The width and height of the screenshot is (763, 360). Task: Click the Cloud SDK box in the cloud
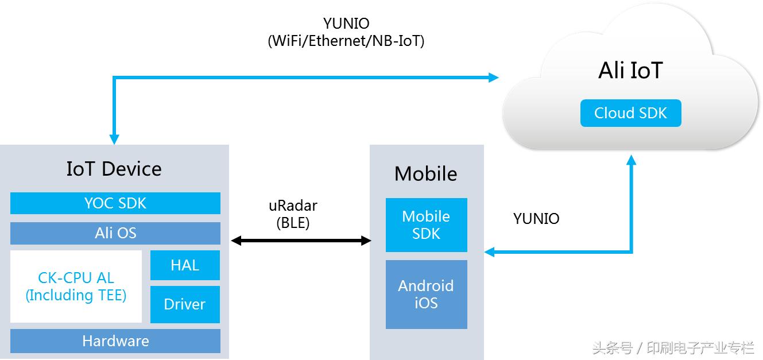[630, 113]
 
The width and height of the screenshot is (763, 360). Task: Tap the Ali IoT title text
[630, 71]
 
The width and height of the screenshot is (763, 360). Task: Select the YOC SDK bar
[115, 203]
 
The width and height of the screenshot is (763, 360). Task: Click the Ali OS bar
[115, 233]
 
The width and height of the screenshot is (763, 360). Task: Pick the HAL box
[185, 265]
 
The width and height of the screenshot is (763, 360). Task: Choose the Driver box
[185, 304]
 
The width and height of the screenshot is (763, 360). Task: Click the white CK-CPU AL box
[76, 287]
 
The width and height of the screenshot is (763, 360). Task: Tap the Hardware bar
[115, 341]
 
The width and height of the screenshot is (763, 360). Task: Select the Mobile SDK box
[426, 225]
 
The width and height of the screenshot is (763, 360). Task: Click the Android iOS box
[426, 294]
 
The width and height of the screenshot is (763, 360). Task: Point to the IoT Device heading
[114, 169]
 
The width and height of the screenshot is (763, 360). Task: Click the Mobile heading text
[426, 173]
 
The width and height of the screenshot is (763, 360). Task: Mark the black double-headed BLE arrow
[301, 241]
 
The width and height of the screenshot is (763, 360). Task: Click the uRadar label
[293, 206]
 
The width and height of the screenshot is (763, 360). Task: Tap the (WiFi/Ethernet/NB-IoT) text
[346, 41]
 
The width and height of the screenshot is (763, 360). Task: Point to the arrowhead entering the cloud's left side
[494, 78]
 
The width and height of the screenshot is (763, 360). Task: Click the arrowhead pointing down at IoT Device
[114, 140]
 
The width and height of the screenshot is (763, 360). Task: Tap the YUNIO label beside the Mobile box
[536, 218]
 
